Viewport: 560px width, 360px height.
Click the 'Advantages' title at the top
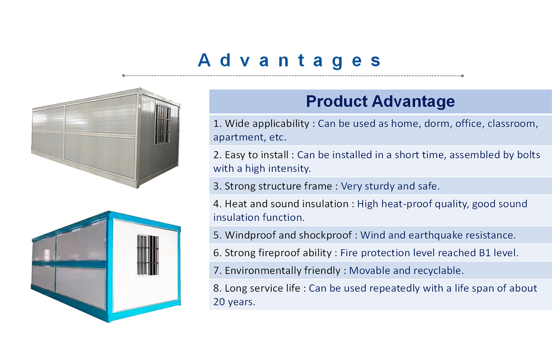pos(289,61)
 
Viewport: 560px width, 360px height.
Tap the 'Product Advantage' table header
pos(380,101)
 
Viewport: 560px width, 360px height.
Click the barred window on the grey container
pos(163,124)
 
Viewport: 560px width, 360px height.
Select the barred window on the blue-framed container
pos(148,255)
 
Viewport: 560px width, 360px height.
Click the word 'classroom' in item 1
pos(512,124)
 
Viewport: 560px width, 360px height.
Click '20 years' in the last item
pos(234,302)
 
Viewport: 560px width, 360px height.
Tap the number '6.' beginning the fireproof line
pos(217,253)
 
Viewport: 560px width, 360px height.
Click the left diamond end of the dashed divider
pos(124,76)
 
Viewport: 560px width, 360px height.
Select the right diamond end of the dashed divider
pos(462,76)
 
